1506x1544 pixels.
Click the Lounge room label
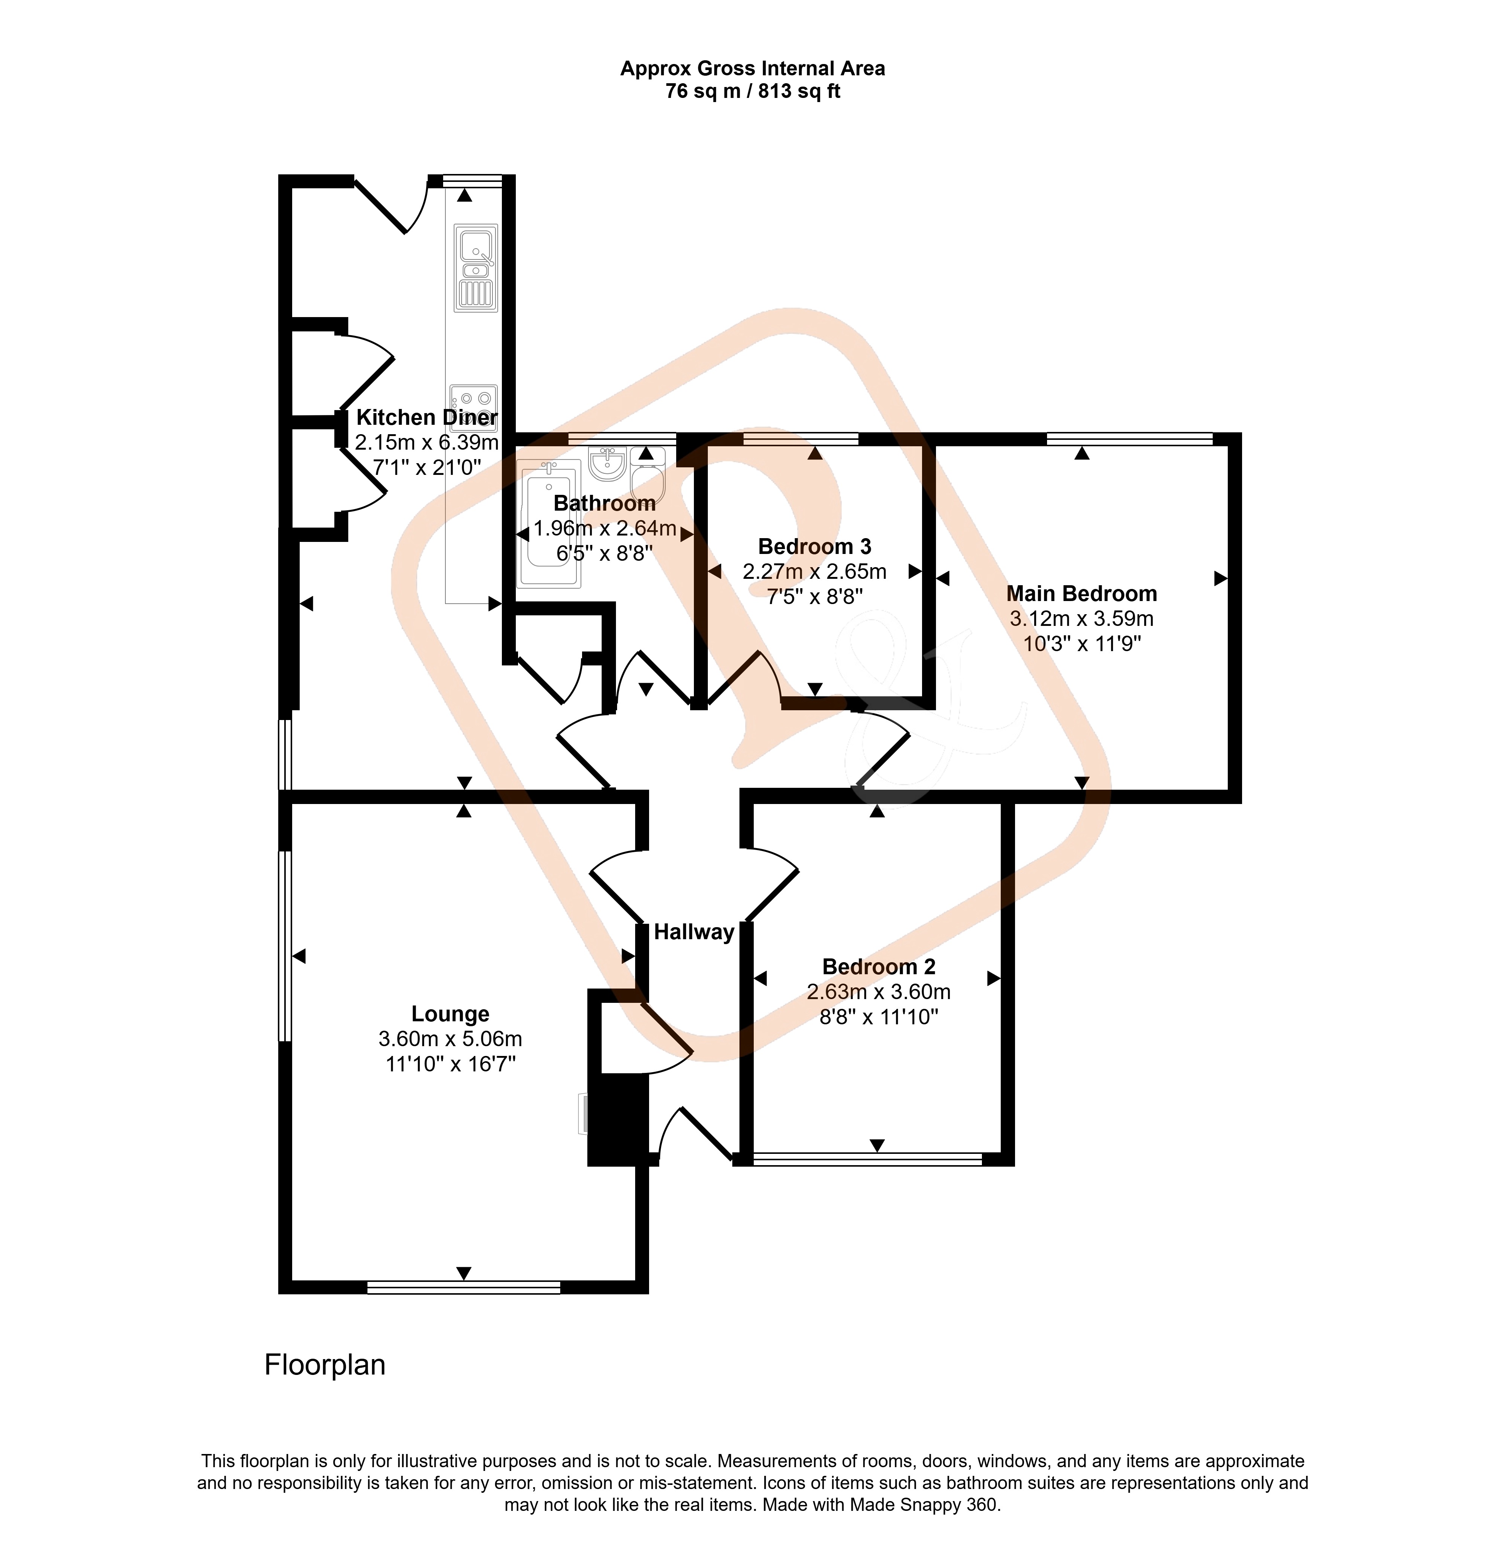click(x=450, y=1014)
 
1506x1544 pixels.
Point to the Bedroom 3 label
click(x=815, y=546)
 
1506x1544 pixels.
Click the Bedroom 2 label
click(x=879, y=967)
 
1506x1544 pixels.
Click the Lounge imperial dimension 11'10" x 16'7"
click(x=450, y=1064)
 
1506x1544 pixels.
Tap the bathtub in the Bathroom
click(x=549, y=523)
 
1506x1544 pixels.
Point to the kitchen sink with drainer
click(x=476, y=267)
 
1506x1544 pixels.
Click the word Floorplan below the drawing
click(x=324, y=1365)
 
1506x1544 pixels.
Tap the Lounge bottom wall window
click(x=463, y=1288)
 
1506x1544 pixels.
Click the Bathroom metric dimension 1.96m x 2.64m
click(x=605, y=528)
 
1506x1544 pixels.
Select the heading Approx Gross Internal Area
click(x=752, y=69)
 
